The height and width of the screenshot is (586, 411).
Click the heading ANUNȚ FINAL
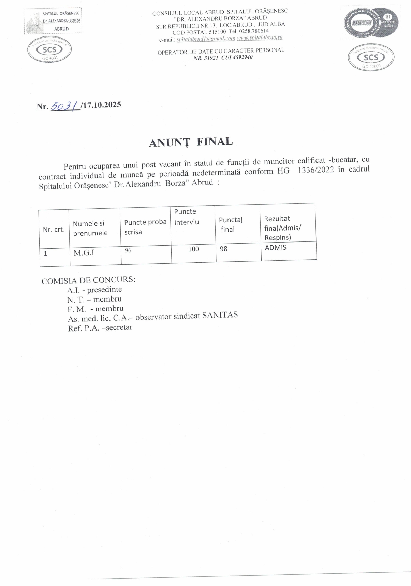click(x=191, y=142)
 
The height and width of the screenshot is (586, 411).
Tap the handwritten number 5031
click(x=65, y=106)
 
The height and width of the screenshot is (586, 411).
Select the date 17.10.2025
click(x=102, y=105)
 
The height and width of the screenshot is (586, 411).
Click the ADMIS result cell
click(x=276, y=248)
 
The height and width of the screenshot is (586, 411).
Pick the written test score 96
click(x=128, y=250)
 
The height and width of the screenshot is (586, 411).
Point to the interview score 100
click(x=193, y=249)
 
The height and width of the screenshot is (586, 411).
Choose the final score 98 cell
click(x=223, y=249)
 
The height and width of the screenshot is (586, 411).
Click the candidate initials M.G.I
click(x=84, y=253)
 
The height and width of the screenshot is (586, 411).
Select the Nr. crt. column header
click(x=54, y=229)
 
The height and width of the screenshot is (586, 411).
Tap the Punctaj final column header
click(x=231, y=224)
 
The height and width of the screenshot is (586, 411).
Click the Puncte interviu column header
click(x=186, y=217)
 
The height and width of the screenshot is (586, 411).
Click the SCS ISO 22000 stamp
click(x=371, y=58)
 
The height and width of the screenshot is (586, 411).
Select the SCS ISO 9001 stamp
click(x=49, y=50)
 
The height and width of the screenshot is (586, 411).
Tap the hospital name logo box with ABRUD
click(x=53, y=21)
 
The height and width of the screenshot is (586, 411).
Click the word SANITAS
click(x=220, y=315)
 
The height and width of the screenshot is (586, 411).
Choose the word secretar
click(x=119, y=327)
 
